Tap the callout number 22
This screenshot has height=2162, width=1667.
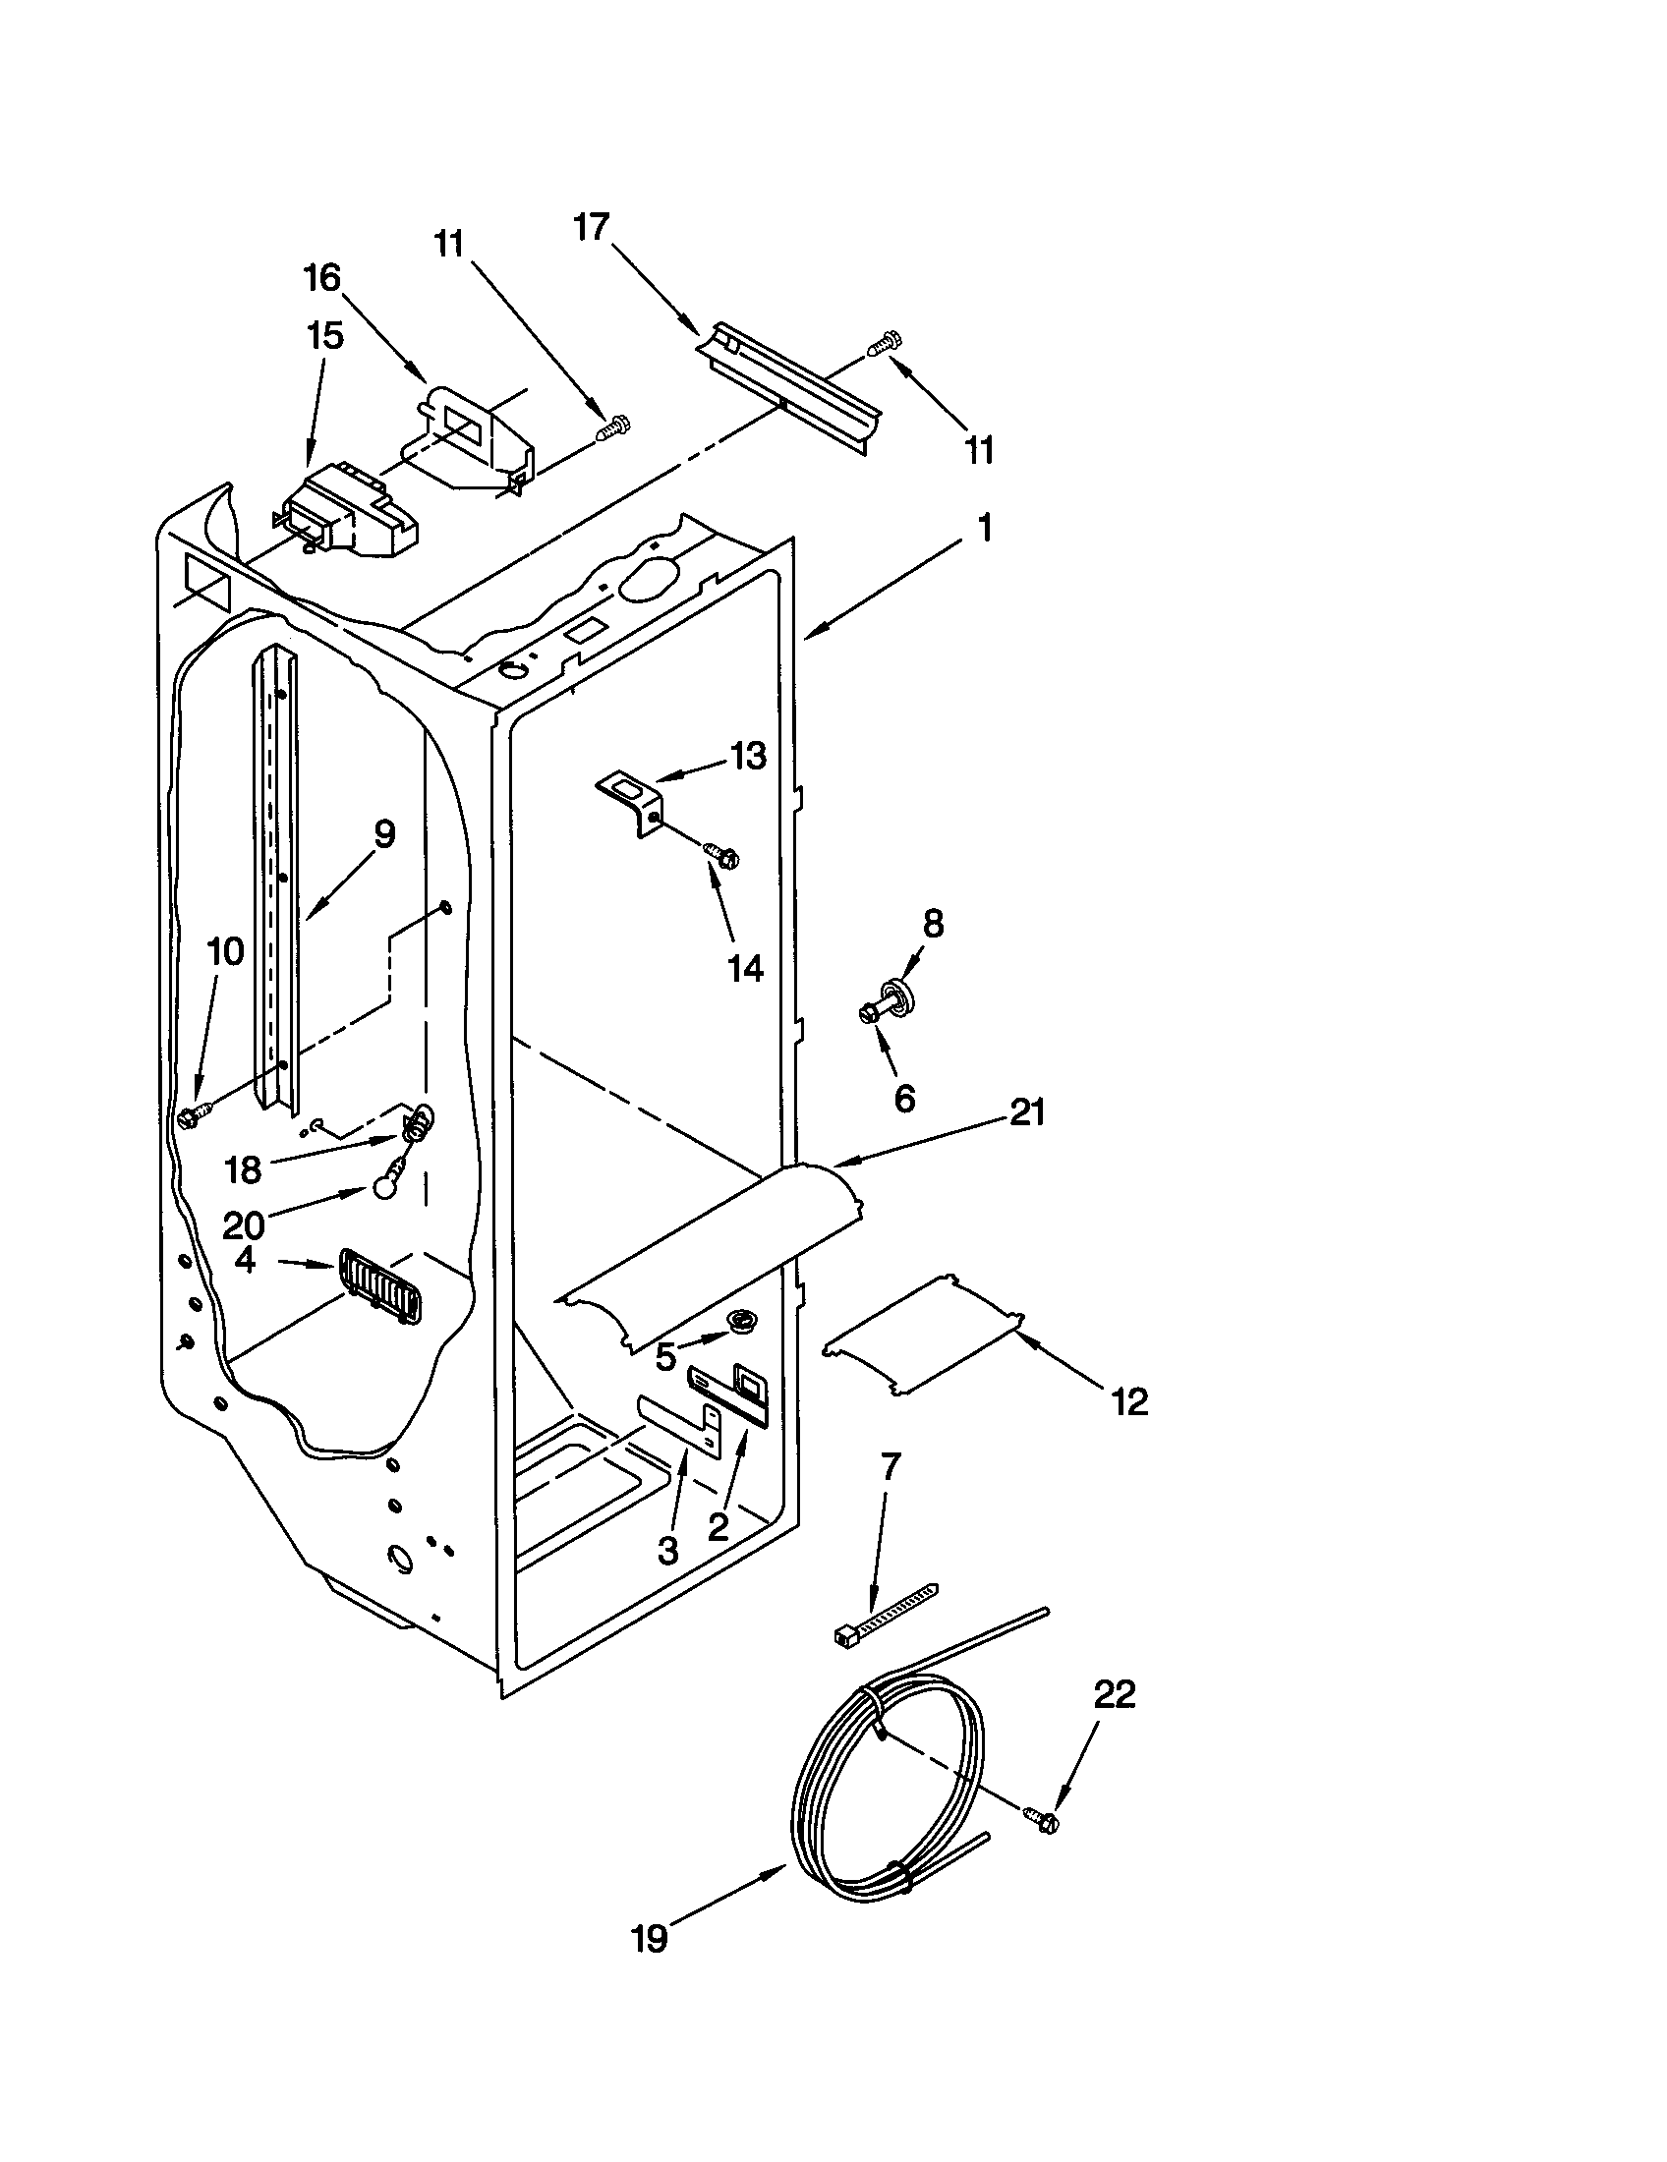[x=1114, y=1696]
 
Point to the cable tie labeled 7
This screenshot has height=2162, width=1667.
[x=883, y=1616]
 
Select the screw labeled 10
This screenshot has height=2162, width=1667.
[x=192, y=1115]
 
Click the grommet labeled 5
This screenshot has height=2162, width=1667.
[x=740, y=1318]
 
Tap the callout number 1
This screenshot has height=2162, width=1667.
[x=984, y=529]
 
